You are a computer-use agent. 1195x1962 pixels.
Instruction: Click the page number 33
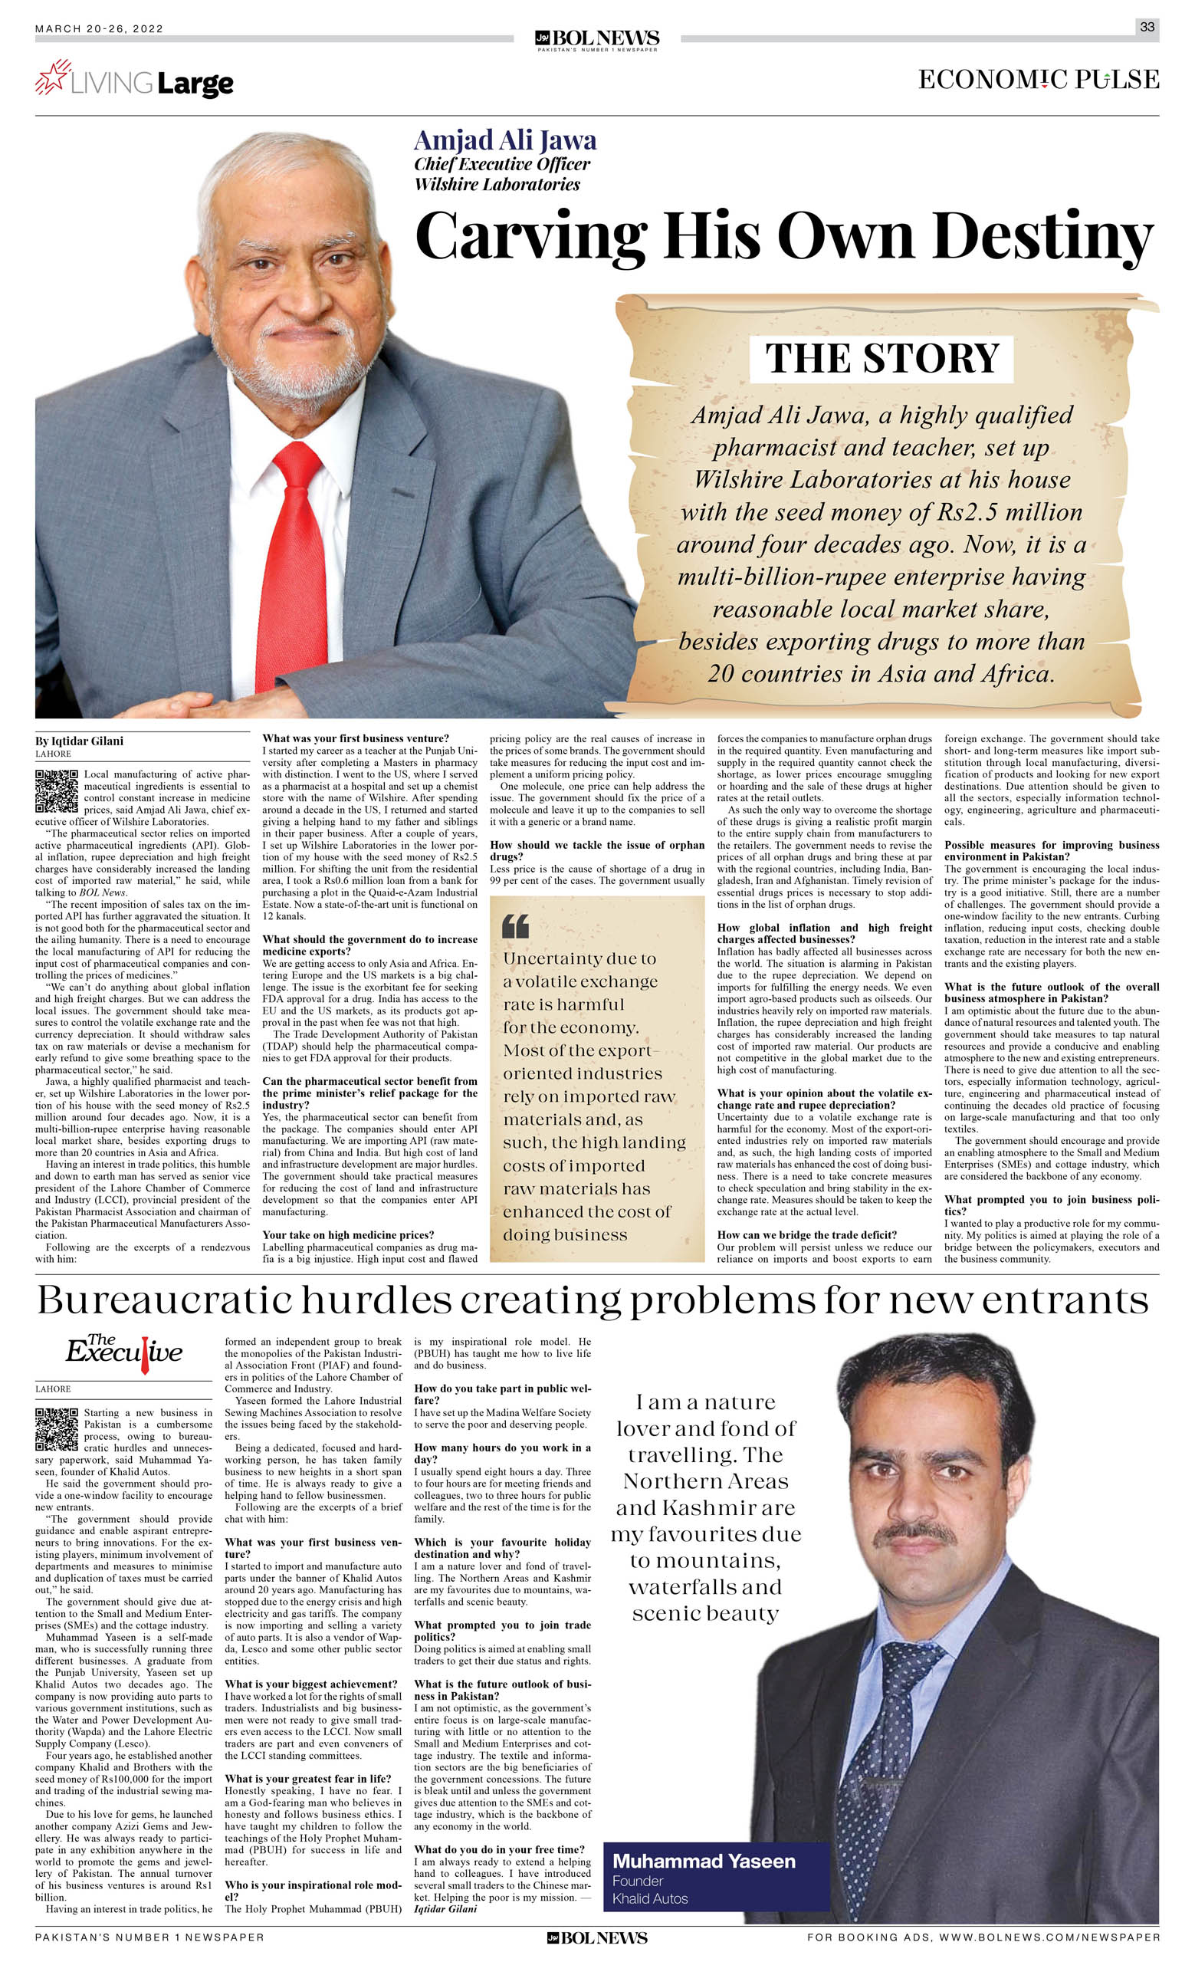click(x=1147, y=26)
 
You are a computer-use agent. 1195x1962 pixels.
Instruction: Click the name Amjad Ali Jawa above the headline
click(x=504, y=140)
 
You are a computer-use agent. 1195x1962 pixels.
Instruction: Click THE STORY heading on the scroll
click(x=881, y=358)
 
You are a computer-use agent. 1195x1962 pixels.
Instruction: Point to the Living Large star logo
click(x=52, y=77)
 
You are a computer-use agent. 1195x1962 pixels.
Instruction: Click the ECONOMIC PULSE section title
click(x=1038, y=80)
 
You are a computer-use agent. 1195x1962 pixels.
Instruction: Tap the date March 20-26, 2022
click(x=99, y=28)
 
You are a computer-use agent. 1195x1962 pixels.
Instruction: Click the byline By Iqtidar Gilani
click(x=79, y=741)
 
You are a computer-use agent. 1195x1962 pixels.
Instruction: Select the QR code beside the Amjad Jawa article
click(x=57, y=790)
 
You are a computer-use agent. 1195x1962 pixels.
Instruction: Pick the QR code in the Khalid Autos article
click(x=57, y=1429)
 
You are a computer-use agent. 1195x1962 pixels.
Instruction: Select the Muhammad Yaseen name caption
click(x=704, y=1861)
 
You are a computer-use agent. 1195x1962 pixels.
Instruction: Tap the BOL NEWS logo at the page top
click(x=597, y=38)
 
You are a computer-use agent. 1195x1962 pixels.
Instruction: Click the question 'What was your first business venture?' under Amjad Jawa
click(x=355, y=738)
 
